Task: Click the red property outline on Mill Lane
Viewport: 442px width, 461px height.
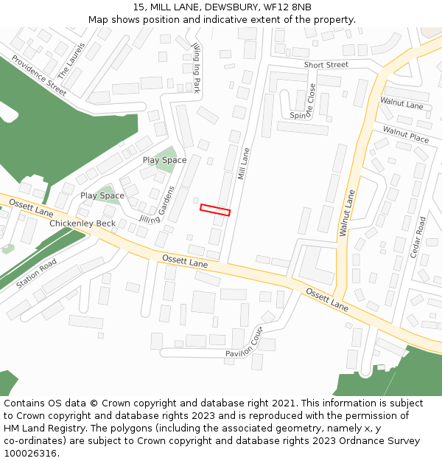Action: [x=215, y=210]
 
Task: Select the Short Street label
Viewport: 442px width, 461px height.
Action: [x=326, y=65]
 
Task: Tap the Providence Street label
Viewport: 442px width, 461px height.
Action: [x=38, y=75]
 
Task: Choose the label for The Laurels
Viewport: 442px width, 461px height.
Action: [x=71, y=60]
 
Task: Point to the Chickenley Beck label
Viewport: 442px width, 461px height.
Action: [x=83, y=223]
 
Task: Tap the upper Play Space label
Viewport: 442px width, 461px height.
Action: [x=164, y=160]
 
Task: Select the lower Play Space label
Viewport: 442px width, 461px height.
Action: [x=102, y=195]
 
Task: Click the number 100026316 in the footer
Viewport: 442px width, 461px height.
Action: [x=31, y=454]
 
